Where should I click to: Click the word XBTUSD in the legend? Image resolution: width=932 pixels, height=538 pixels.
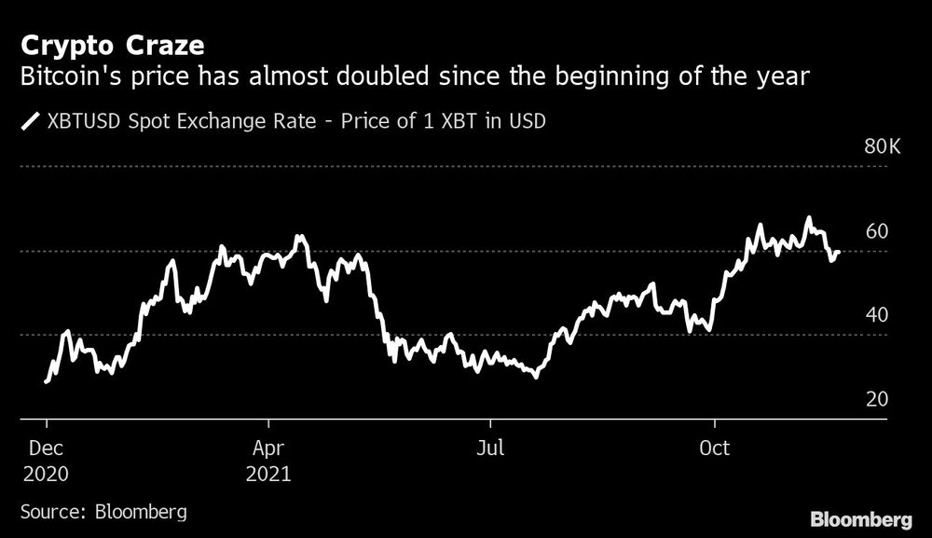(x=83, y=120)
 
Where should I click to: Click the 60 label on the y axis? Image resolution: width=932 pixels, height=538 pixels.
(x=877, y=231)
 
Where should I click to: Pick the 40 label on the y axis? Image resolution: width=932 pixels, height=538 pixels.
(x=877, y=315)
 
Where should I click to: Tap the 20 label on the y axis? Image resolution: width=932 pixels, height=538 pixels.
(x=877, y=399)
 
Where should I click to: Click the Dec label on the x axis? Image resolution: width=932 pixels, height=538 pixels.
(x=46, y=448)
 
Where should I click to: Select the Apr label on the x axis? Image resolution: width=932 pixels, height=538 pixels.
(x=267, y=448)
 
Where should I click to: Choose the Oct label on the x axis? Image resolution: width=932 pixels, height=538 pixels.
(x=714, y=448)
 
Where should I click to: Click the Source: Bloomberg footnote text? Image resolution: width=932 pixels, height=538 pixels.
(x=103, y=511)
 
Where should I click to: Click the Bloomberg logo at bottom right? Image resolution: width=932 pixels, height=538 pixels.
(x=861, y=518)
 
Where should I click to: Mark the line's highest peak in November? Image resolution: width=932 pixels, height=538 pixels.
(x=809, y=218)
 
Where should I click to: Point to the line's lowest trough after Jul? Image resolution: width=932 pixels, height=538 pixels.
(x=536, y=376)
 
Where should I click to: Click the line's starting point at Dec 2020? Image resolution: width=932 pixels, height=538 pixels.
(x=46, y=380)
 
